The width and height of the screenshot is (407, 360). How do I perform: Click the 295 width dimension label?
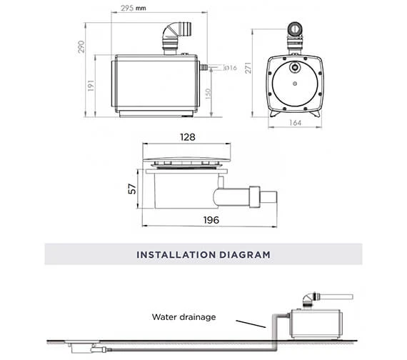tap(127, 8)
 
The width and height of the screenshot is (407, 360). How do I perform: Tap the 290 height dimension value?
tap(81, 46)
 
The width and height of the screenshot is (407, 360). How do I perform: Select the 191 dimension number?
tap(91, 86)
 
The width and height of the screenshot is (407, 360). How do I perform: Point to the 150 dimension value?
tap(208, 94)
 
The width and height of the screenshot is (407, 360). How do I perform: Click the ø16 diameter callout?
tap(231, 68)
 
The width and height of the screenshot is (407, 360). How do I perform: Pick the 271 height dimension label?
tap(248, 68)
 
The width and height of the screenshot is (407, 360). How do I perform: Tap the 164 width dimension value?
tap(295, 123)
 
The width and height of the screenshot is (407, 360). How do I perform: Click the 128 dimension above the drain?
tap(187, 137)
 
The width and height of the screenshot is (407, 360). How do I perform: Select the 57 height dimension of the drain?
tap(132, 189)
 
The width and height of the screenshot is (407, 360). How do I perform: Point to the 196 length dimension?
tap(211, 220)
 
